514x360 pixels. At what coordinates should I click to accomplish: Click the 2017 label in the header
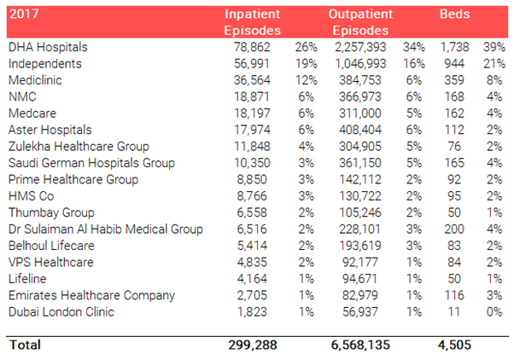[24, 15]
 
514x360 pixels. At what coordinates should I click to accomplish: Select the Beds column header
[455, 15]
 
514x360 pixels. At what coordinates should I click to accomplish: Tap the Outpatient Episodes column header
[360, 22]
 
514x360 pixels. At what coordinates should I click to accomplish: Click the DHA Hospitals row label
[48, 47]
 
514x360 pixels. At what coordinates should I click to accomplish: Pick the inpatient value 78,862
[252, 47]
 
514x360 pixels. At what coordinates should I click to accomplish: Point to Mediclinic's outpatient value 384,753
[360, 80]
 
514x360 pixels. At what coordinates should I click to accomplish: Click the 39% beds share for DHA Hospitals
[494, 47]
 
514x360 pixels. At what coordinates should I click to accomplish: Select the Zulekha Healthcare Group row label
[79, 147]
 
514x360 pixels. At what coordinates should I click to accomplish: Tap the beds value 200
[454, 229]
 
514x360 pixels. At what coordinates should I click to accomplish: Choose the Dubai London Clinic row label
[61, 312]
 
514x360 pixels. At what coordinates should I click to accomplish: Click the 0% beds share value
[494, 312]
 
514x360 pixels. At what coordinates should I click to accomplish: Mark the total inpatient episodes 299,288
[253, 345]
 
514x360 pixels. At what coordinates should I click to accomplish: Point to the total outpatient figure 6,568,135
[360, 345]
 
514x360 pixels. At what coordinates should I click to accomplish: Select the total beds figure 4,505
[455, 345]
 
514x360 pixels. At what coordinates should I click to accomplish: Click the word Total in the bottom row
[25, 345]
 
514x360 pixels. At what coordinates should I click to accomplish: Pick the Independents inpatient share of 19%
[307, 63]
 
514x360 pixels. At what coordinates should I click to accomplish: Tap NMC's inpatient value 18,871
[252, 96]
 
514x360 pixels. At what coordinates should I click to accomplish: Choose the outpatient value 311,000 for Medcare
[360, 113]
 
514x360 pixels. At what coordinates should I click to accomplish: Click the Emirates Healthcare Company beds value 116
[454, 295]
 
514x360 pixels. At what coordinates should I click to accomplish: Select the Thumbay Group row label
[51, 212]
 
